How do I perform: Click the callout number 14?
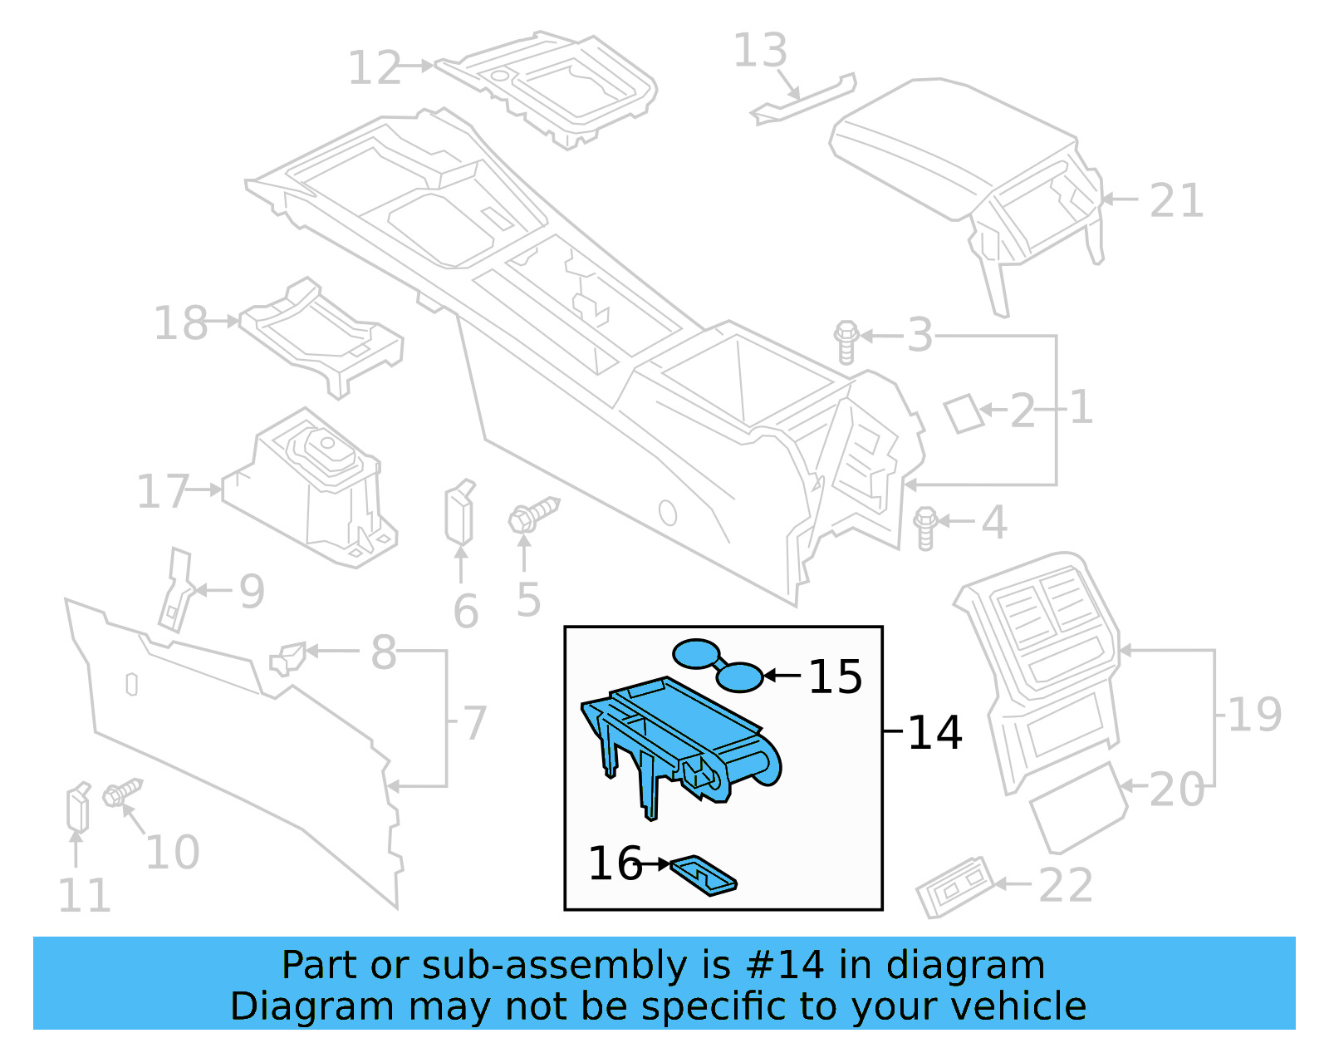click(934, 732)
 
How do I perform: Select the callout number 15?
click(835, 676)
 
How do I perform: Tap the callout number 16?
click(615, 863)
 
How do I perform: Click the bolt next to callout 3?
click(846, 342)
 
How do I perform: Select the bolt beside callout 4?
click(925, 528)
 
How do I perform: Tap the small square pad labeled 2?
click(964, 414)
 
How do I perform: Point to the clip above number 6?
click(459, 511)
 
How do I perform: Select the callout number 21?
click(1176, 201)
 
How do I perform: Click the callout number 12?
click(374, 67)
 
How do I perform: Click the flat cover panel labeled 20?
click(1078, 808)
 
